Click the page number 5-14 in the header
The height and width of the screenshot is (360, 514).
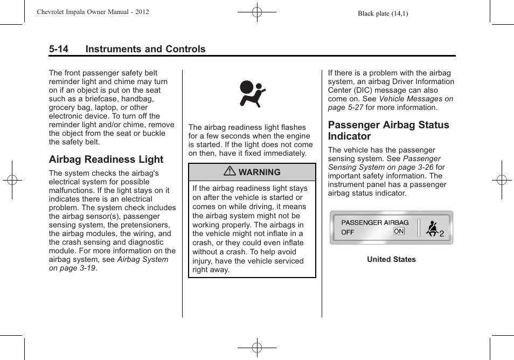pos(59,49)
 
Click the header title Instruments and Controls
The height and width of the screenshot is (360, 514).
pos(145,49)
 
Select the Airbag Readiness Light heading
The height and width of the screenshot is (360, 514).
pos(106,160)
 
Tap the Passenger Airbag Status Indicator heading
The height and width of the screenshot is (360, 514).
pos(388,130)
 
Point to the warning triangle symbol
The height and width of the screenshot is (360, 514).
pos(230,172)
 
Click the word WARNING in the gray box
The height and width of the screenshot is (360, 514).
pos(260,172)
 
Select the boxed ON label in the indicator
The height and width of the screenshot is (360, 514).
pos(399,231)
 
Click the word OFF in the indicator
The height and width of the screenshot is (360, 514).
pos(348,232)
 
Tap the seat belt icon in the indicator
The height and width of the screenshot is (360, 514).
pos(432,229)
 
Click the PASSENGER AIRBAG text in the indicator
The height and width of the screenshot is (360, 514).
pos(375,222)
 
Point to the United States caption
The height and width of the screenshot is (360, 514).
pos(391,259)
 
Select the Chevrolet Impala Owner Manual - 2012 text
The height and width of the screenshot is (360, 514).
pos(93,12)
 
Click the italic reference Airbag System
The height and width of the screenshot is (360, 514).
pos(142,259)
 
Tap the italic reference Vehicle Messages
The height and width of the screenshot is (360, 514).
pos(415,99)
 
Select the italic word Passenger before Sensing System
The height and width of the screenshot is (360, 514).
pos(421,159)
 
